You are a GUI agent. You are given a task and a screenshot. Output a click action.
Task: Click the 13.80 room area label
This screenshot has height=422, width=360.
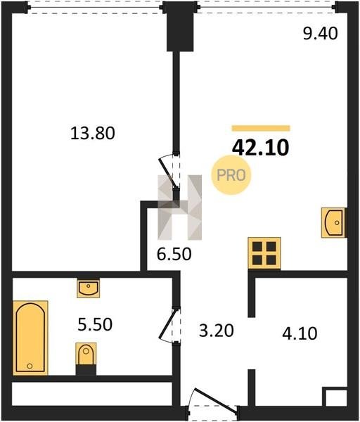pyautogui.click(x=93, y=133)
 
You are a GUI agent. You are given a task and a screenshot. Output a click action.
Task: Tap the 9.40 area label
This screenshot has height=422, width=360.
pyautogui.click(x=320, y=34)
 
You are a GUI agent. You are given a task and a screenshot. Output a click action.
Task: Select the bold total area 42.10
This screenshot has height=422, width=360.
pyautogui.click(x=260, y=148)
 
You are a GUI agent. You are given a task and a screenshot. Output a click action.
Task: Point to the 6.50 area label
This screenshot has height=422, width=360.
pyautogui.click(x=174, y=255)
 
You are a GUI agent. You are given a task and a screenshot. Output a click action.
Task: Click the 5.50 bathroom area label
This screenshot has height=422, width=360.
pyautogui.click(x=95, y=324)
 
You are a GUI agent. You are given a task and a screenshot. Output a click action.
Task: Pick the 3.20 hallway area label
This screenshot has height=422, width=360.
pyautogui.click(x=216, y=331)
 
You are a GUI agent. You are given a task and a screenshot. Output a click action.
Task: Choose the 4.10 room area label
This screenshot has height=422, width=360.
pyautogui.click(x=300, y=333)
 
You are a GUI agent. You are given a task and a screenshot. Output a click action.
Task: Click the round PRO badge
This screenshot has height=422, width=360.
pyautogui.click(x=231, y=175)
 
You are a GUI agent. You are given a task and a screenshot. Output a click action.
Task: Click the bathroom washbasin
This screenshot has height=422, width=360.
pyautogui.click(x=89, y=288)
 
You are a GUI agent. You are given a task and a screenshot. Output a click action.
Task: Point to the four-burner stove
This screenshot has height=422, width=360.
pyautogui.click(x=264, y=253)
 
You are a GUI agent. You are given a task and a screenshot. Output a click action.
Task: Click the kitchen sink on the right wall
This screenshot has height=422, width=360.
pyautogui.click(x=333, y=222)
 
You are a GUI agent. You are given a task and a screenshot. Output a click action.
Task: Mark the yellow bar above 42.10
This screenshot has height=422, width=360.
pyautogui.click(x=261, y=128)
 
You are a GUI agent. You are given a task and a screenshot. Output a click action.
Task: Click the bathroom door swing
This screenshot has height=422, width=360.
pyautogui.click(x=169, y=325)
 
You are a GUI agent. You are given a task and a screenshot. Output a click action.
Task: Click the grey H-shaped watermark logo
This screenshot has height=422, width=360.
pyautogui.click(x=179, y=207)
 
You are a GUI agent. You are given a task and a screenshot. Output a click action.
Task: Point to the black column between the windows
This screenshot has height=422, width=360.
pyautogui.click(x=180, y=27)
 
